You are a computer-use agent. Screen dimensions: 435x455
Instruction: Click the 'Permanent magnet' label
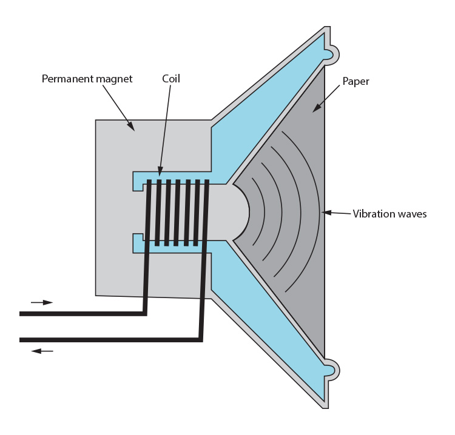click(x=87, y=79)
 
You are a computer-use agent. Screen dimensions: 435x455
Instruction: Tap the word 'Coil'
click(x=171, y=79)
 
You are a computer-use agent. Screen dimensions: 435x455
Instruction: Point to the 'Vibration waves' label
click(x=389, y=214)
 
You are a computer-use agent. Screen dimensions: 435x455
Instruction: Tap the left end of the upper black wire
click(x=22, y=314)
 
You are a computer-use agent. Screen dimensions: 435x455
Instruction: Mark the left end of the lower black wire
click(x=22, y=340)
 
